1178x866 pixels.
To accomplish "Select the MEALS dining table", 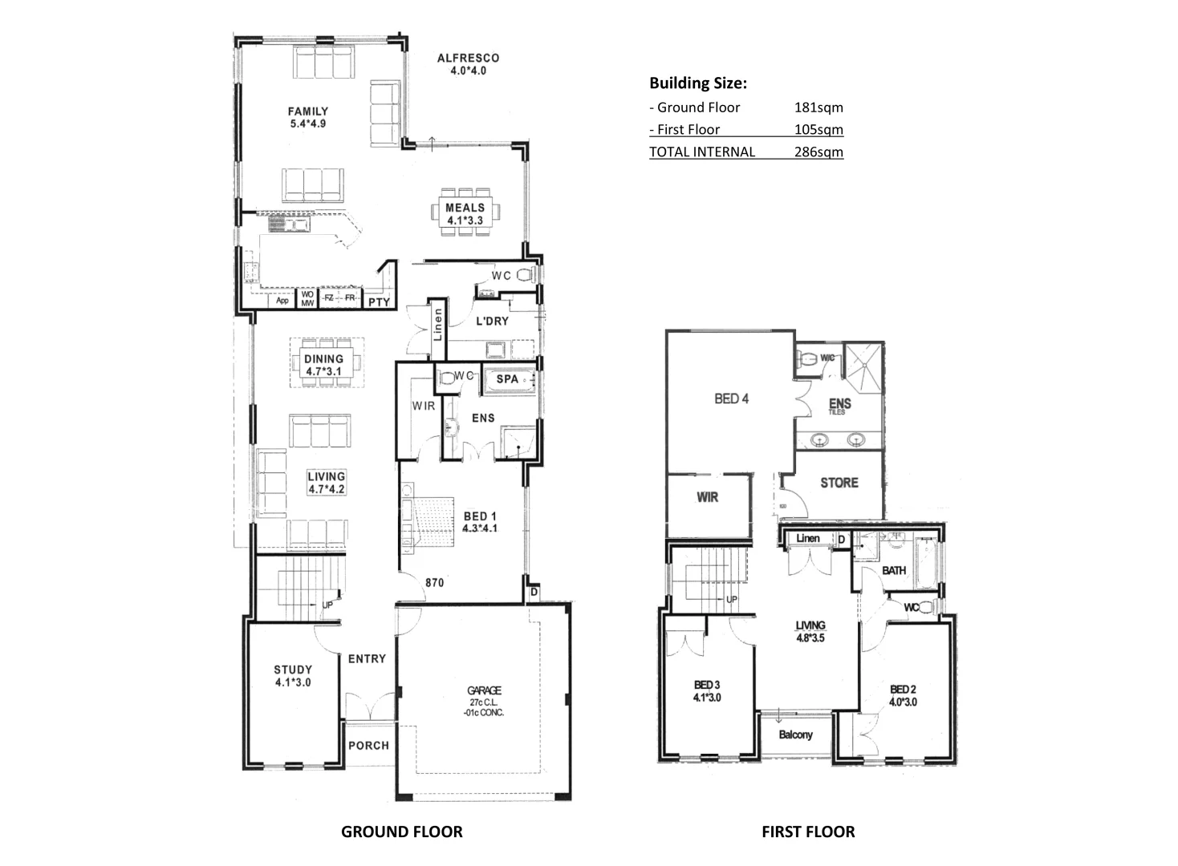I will (x=465, y=212).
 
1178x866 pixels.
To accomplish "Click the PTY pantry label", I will (x=379, y=302).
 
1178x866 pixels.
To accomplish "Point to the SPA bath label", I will (x=507, y=378).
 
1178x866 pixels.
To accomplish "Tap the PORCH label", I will (x=368, y=745).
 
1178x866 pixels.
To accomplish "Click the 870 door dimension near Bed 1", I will (x=435, y=583).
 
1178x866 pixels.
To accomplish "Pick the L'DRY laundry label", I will (x=492, y=322).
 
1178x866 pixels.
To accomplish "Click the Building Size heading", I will (x=698, y=83).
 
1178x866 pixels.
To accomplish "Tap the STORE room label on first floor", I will (x=839, y=483).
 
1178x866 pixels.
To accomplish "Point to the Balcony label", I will (x=796, y=734).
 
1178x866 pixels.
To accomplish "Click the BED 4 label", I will (x=731, y=399).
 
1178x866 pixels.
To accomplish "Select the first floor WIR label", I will (x=707, y=497).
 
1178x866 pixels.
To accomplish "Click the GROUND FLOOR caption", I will (x=402, y=832).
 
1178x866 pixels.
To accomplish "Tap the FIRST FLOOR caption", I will (x=808, y=832).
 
